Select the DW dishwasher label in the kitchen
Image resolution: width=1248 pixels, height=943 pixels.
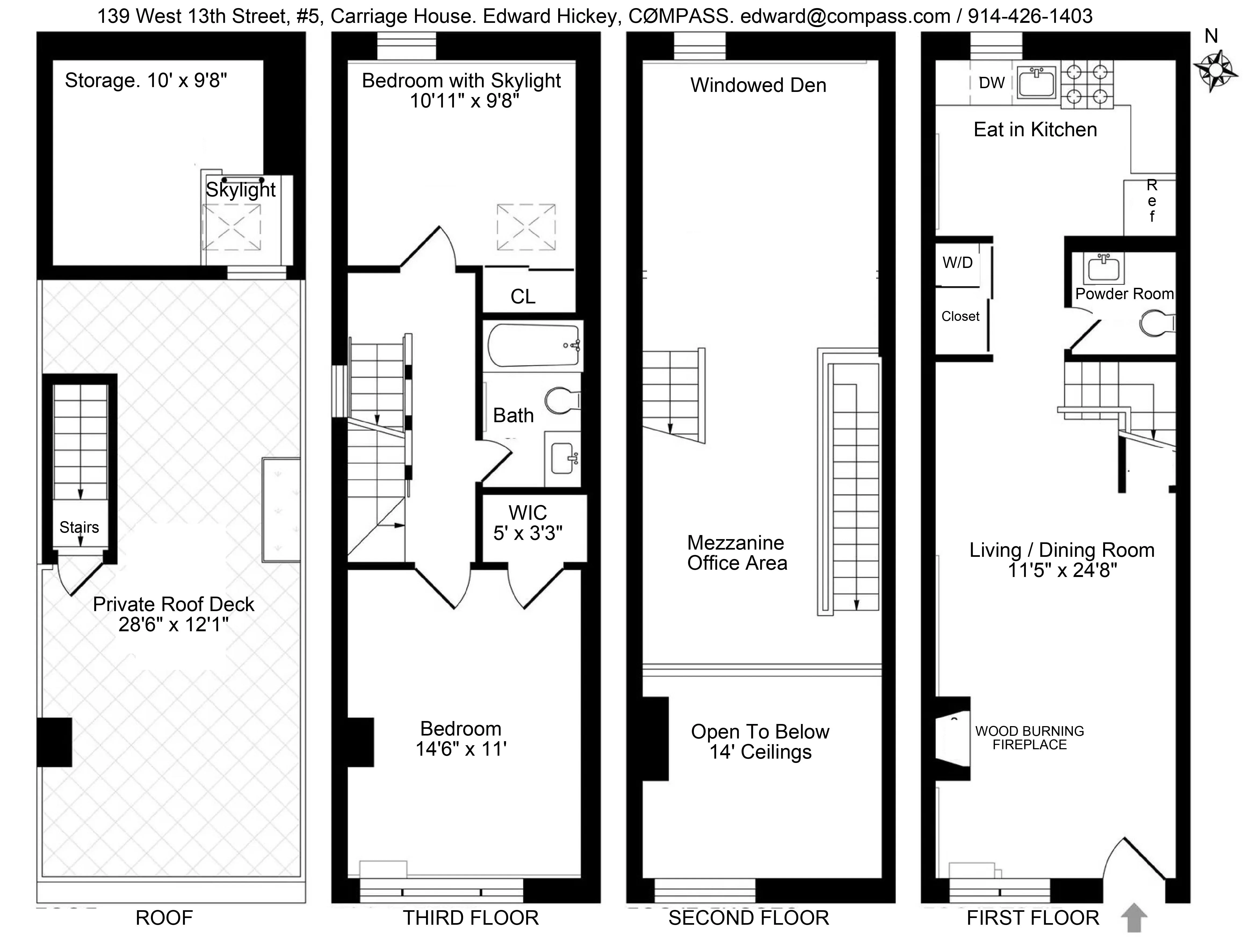[x=991, y=83]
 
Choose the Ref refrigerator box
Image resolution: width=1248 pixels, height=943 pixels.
[x=1151, y=207]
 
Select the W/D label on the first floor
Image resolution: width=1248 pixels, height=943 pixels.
[x=957, y=262]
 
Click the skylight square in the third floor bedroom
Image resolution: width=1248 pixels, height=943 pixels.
[x=526, y=227]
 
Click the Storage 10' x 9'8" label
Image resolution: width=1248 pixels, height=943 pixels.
[x=146, y=81]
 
